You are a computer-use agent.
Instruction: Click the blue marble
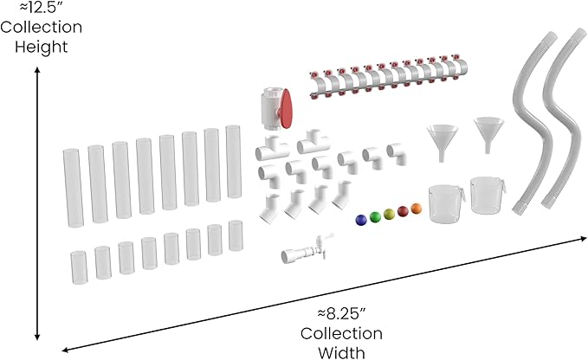pyautogui.click(x=361, y=220)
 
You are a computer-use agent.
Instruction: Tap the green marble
pyautogui.click(x=375, y=217)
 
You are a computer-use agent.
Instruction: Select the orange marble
pyautogui.click(x=417, y=209)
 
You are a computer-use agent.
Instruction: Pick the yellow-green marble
pyautogui.click(x=389, y=214)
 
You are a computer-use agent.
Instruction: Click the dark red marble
pyautogui.click(x=403, y=211)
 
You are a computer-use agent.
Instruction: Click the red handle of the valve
pyautogui.click(x=286, y=109)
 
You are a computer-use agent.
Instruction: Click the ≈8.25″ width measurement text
pyautogui.click(x=341, y=313)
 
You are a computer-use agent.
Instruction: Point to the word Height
pyautogui.click(x=42, y=48)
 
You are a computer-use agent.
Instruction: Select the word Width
pyautogui.click(x=341, y=352)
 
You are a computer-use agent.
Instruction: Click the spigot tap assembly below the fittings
pyautogui.click(x=305, y=249)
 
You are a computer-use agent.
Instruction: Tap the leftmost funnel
pyautogui.click(x=443, y=142)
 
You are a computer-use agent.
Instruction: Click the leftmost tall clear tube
pyautogui.click(x=73, y=188)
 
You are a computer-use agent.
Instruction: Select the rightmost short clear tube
pyautogui.click(x=236, y=235)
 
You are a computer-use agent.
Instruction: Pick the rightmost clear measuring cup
pyautogui.click(x=488, y=196)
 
